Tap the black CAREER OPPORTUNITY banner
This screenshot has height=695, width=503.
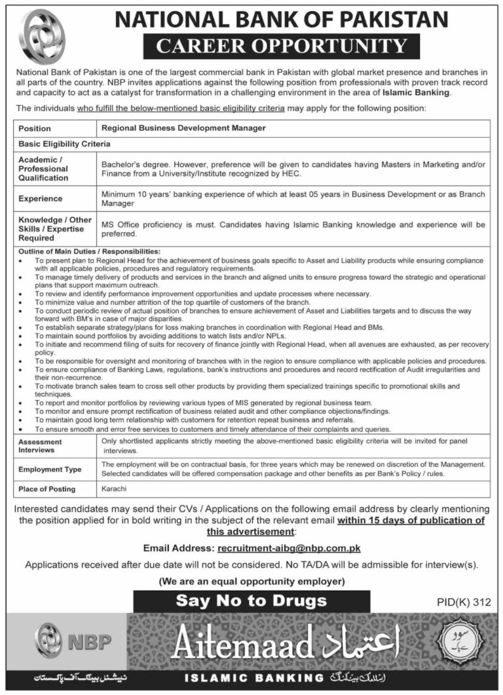tap(282, 47)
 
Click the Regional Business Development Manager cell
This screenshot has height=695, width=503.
tap(183, 129)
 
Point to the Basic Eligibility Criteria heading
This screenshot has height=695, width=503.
tap(64, 143)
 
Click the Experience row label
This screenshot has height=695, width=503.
tap(41, 199)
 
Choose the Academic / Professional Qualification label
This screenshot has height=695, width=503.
tap(43, 169)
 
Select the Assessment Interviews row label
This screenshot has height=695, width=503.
tap(41, 446)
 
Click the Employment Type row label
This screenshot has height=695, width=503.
tap(50, 469)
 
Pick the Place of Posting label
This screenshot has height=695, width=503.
tap(47, 488)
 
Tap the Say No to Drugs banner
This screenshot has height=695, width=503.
tap(251, 600)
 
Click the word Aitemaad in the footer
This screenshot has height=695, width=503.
tap(242, 645)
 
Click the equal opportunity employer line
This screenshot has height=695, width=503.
tap(251, 581)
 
